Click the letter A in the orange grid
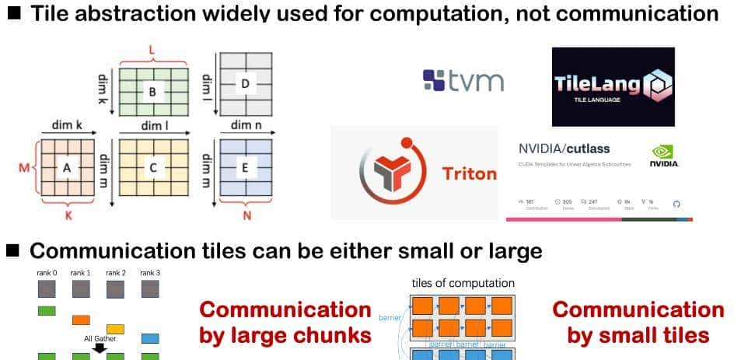point(66,166)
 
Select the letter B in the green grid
point(152,91)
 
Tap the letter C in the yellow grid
point(152,166)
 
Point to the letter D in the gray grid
point(246,82)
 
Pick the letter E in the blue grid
point(246,166)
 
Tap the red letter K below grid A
point(68,215)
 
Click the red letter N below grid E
point(246,215)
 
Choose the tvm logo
point(463,80)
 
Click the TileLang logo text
point(602,86)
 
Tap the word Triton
point(469,173)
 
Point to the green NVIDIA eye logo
point(663,152)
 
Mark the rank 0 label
point(47,274)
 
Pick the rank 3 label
point(150,274)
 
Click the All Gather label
point(99,339)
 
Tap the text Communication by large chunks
point(286,322)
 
